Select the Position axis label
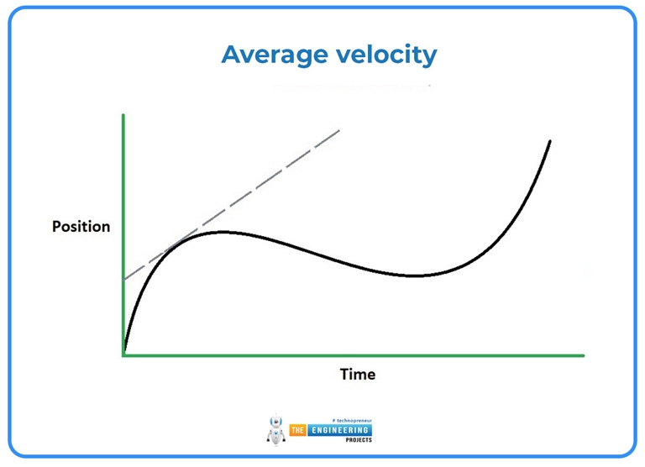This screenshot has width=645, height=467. (x=81, y=227)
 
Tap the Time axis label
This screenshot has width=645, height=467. (x=357, y=374)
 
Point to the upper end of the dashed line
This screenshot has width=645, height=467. (x=339, y=129)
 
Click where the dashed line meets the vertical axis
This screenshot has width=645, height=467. (x=124, y=279)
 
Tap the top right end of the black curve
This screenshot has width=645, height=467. (x=550, y=140)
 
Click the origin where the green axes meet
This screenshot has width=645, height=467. (x=124, y=355)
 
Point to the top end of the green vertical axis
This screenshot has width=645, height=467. (x=123, y=114)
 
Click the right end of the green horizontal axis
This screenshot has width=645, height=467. (x=582, y=355)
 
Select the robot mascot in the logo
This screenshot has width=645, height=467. (x=275, y=431)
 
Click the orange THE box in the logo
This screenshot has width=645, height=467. (x=296, y=430)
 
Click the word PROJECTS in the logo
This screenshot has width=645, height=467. (x=339, y=439)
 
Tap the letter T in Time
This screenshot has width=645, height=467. (x=343, y=374)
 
